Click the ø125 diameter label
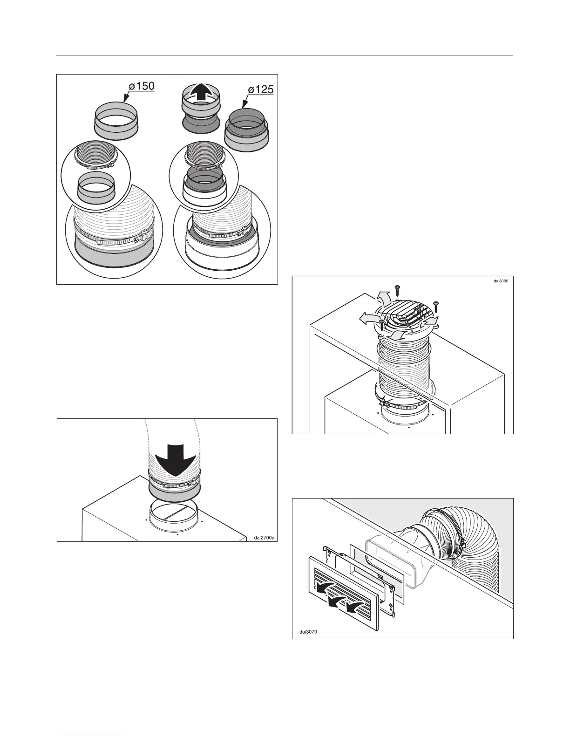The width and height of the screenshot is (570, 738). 260,89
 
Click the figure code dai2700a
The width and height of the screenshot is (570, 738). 264,538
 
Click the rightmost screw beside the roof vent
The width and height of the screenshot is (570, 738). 436,305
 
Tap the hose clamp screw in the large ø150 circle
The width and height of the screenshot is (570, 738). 138,240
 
